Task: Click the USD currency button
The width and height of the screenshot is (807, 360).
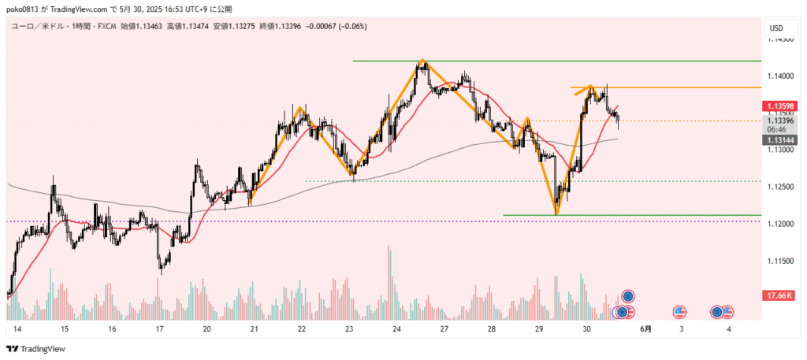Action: pos(776,29)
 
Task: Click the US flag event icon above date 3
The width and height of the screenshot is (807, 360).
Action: pos(679,312)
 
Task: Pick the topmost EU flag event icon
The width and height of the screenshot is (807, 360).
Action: pos(628,296)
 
